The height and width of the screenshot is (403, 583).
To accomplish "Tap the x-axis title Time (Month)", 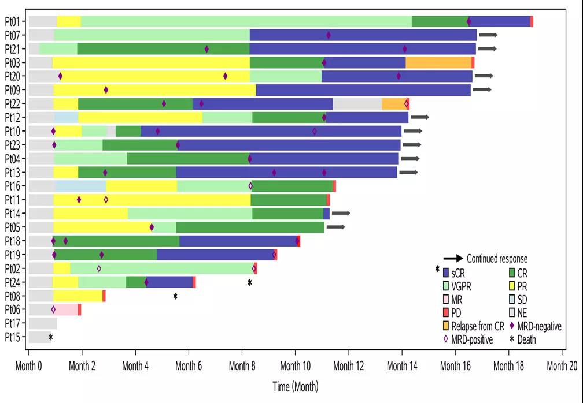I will pos(295,386).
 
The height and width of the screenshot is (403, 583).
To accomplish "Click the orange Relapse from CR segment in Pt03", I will pos(438,62).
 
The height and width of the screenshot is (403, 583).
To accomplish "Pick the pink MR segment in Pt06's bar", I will pos(67,309).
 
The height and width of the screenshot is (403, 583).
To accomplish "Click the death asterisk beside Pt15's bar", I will pos(51,337).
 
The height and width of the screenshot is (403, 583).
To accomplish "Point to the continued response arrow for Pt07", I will pos(488,35).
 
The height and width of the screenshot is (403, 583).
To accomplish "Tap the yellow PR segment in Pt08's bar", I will pos(78,296).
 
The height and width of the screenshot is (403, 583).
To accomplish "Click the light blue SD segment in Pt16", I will pos(81,186).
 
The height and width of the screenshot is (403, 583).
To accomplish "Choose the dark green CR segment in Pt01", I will pos(440,21).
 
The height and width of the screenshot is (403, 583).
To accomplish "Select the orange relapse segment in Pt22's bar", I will pos(393,104).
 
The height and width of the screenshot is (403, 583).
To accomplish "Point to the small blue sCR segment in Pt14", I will pos(326,214).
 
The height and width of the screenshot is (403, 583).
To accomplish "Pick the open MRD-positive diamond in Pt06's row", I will pos(53,309).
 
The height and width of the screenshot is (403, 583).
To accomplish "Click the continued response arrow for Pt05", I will pos(335,227).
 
